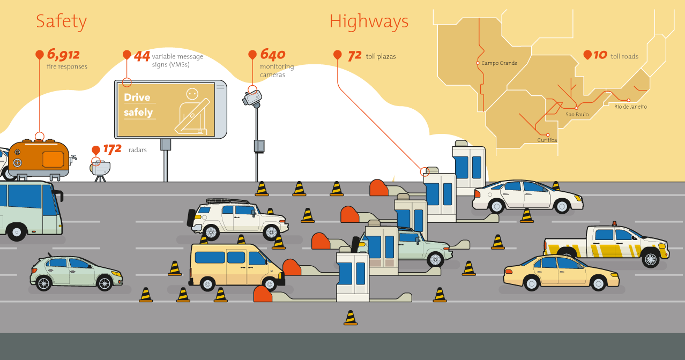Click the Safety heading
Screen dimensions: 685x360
point(62,22)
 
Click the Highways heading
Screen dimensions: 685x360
point(369,22)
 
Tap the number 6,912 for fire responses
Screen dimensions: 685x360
point(63,55)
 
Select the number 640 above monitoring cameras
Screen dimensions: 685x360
point(273,55)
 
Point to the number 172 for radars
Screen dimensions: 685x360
point(112,149)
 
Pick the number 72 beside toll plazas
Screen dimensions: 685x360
point(355,56)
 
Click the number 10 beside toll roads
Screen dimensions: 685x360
point(600,55)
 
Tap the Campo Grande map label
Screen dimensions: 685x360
point(500,63)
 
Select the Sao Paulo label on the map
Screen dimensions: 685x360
point(577,114)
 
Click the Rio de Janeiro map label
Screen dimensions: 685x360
point(630,107)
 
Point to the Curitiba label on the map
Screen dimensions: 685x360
point(547,140)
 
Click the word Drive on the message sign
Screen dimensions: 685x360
point(137,97)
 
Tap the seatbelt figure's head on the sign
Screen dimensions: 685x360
point(192,94)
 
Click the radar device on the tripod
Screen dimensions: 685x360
point(100,168)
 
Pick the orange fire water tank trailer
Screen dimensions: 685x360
point(39,159)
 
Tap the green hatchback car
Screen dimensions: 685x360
point(76,273)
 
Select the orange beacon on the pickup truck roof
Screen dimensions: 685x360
point(614,224)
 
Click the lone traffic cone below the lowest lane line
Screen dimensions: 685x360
point(351,318)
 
